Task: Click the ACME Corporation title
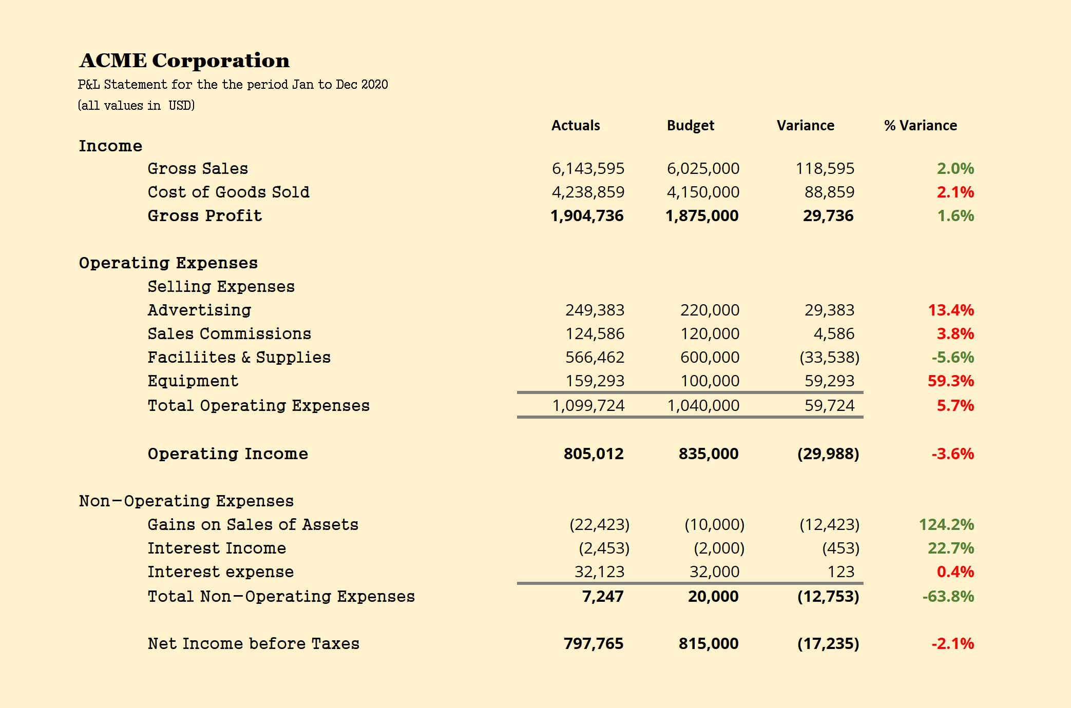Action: (184, 61)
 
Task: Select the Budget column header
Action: (690, 126)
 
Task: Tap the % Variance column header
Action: (920, 126)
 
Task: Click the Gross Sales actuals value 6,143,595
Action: (588, 169)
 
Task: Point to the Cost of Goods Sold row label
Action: (228, 192)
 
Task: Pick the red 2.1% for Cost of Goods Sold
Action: (955, 192)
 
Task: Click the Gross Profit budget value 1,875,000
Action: (702, 216)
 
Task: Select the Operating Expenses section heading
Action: (168, 263)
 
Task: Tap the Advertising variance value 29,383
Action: (829, 310)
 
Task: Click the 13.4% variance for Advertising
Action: (951, 310)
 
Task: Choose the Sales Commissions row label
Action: (229, 334)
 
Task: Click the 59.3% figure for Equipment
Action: (951, 381)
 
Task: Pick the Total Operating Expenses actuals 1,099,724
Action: (588, 406)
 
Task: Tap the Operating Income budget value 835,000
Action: (709, 454)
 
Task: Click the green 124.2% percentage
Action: (946, 525)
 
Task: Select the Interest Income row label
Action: (217, 548)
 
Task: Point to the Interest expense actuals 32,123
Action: (599, 572)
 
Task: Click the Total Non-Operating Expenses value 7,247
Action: (603, 597)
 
